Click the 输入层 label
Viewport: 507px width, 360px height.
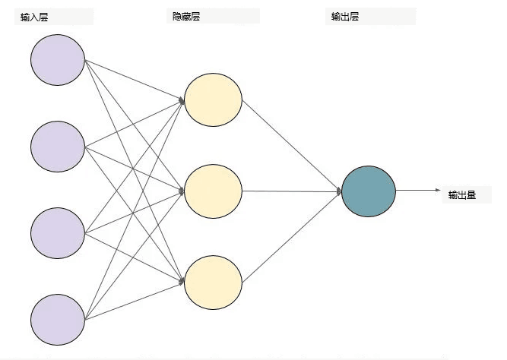[x=34, y=17]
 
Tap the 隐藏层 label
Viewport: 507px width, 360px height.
[x=186, y=16]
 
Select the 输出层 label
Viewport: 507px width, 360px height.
[x=345, y=16]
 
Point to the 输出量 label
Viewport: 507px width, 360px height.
[x=462, y=195]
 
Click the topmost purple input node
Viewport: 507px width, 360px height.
[x=58, y=60]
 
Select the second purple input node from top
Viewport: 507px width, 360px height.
[x=58, y=147]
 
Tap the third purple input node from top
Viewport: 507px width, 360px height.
[x=58, y=233]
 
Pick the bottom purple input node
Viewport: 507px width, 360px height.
[x=58, y=320]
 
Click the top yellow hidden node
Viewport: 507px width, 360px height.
[x=214, y=99]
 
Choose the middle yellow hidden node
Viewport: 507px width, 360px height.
[x=214, y=191]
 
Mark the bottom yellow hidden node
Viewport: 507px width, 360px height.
[x=214, y=283]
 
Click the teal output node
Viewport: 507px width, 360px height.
[x=369, y=191]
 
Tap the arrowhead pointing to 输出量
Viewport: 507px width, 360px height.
[x=438, y=190]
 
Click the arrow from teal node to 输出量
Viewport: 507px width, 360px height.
[x=418, y=190]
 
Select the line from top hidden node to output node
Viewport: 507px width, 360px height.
[x=292, y=146]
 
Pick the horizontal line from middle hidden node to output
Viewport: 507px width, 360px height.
[x=292, y=191]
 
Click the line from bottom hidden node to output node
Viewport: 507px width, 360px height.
[x=292, y=237]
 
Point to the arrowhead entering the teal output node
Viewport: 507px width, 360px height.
[x=339, y=191]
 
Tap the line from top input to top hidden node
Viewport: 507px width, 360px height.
[x=135, y=80]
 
